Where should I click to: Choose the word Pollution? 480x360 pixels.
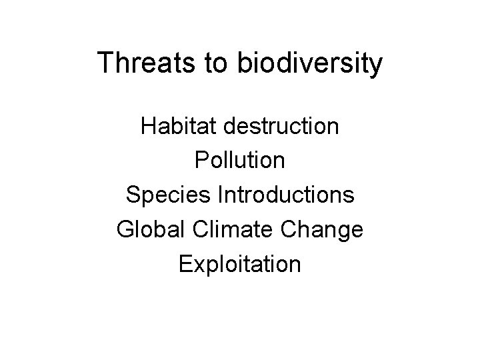click(x=240, y=161)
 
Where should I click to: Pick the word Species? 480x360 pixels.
click(x=165, y=195)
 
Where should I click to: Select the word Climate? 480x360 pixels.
click(x=227, y=230)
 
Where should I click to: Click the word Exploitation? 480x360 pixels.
click(x=240, y=265)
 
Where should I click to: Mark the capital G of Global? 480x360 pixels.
click(x=125, y=230)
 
